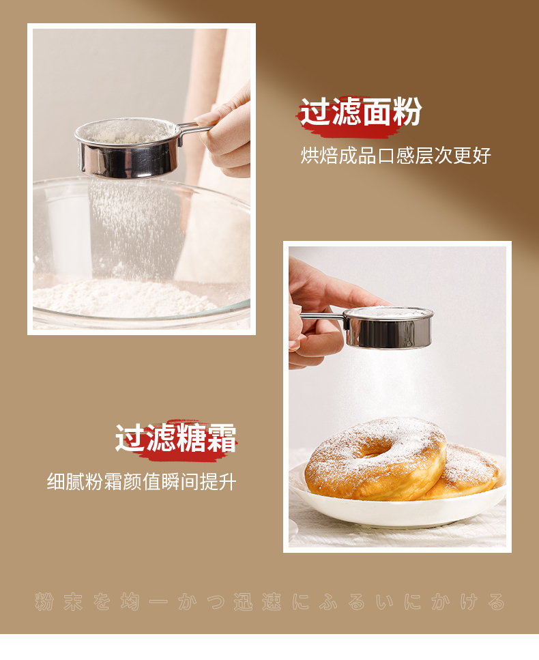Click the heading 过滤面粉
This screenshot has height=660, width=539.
(361, 112)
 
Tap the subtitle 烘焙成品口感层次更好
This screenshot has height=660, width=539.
(396, 156)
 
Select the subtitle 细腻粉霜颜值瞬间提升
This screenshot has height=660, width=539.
(141, 482)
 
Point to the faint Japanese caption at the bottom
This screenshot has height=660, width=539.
(269, 601)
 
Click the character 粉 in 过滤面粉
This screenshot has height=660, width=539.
(407, 112)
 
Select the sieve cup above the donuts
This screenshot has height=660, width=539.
(389, 327)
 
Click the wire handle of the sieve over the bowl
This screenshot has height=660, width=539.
(195, 129)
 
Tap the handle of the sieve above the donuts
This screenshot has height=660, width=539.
(322, 317)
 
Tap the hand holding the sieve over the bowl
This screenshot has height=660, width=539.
(225, 132)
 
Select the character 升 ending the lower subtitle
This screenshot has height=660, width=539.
(227, 482)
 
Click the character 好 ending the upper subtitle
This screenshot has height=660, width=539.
(482, 156)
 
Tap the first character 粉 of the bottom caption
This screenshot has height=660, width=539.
(44, 601)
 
